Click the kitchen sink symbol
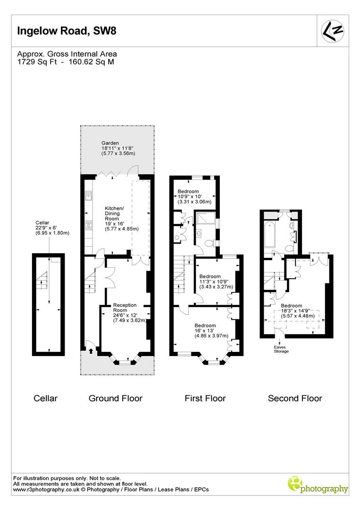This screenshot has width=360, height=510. click(88, 195)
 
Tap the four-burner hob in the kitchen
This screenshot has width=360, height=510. click(88, 225)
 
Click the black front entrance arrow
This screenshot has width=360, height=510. click(91, 351)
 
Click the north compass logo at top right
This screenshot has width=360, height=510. click(332, 30)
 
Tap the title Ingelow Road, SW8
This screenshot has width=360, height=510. click(66, 31)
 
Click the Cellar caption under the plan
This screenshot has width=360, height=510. click(46, 398)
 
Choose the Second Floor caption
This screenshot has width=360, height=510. click(295, 398)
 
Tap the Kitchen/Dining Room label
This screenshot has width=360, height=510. click(114, 211)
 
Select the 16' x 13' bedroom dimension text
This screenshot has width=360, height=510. click(205, 331)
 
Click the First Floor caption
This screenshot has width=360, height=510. click(205, 398)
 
